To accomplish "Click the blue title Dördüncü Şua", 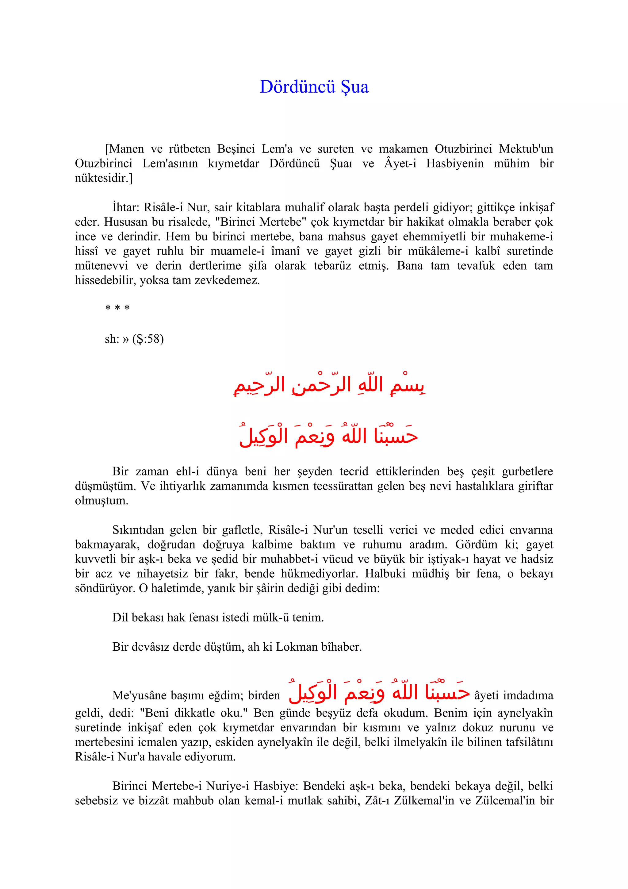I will coord(314,87).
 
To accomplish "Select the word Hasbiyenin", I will coord(455,164).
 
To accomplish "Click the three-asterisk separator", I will coord(117,309).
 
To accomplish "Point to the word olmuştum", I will coord(101,501).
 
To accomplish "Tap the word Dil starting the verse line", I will coord(120,618).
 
